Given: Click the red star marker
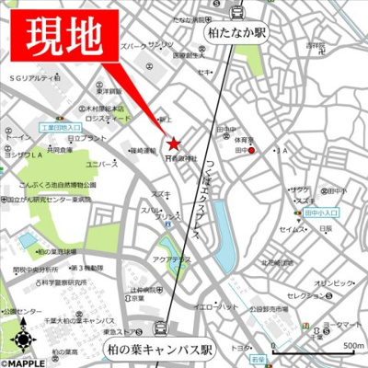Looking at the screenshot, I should point(174,144).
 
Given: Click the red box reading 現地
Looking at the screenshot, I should point(64,37).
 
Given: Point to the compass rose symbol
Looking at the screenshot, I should point(21,342).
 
